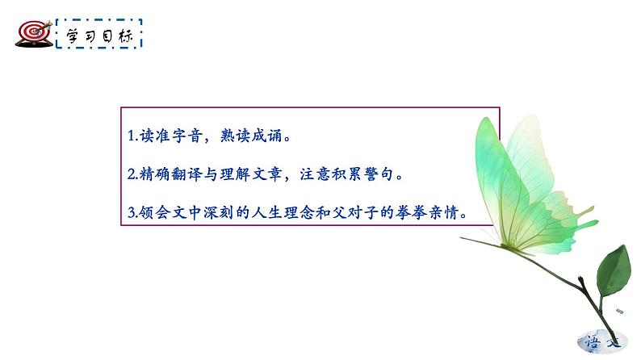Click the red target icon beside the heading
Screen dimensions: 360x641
click(x=32, y=32)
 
